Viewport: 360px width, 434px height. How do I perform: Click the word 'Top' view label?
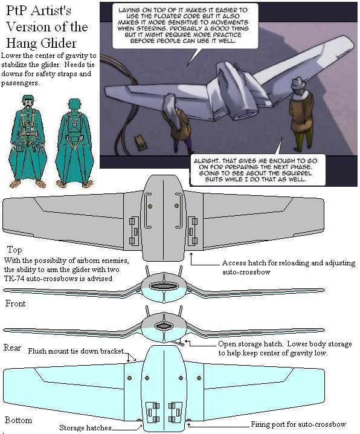(x=14, y=250)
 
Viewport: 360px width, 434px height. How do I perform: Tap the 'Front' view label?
(x=15, y=303)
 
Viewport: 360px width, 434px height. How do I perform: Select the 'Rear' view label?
(x=12, y=348)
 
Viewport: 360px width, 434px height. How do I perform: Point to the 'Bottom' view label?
(x=18, y=420)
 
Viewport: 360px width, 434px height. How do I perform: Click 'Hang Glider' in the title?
(x=41, y=43)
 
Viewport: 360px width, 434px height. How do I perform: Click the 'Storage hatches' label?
(x=85, y=427)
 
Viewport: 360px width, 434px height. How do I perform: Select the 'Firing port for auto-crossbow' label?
(x=298, y=424)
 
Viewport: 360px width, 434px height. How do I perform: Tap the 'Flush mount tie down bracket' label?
(x=76, y=351)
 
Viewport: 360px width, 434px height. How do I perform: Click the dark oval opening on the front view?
(x=164, y=286)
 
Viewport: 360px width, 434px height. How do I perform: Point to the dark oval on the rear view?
(x=164, y=326)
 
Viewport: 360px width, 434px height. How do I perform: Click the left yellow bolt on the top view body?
(x=150, y=206)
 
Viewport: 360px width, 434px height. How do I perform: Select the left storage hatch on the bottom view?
(x=152, y=412)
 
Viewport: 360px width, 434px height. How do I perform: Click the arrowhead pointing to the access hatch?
(x=191, y=254)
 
